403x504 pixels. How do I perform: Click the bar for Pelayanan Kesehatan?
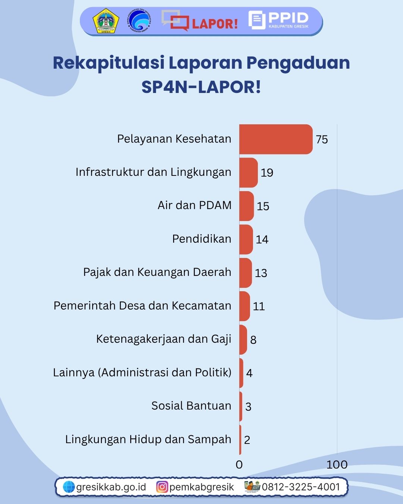coord(275,139)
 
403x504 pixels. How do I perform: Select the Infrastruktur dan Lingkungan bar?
coord(248,172)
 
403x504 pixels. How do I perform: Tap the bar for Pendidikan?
coord(246,239)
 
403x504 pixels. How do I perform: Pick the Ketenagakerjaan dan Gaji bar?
coord(243,340)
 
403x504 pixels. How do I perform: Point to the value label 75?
coord(322,140)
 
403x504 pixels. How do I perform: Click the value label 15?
coord(263,206)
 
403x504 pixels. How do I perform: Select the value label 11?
coord(259,307)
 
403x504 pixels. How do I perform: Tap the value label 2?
coord(247,440)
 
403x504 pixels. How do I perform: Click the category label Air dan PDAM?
coord(194,205)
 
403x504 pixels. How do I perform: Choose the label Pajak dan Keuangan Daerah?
coord(157,272)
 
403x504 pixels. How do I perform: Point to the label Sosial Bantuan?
coord(191,406)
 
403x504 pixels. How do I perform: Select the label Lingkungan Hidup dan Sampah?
coord(148,439)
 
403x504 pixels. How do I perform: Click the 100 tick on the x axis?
coord(337,464)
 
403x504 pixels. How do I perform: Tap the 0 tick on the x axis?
coord(239,464)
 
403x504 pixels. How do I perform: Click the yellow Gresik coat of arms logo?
coord(106,21)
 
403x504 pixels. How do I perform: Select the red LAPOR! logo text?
coord(215,24)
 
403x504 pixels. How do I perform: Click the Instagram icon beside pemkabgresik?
coord(162,487)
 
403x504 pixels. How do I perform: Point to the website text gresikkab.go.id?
coord(111,487)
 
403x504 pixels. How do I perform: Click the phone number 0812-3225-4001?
coord(301,487)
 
